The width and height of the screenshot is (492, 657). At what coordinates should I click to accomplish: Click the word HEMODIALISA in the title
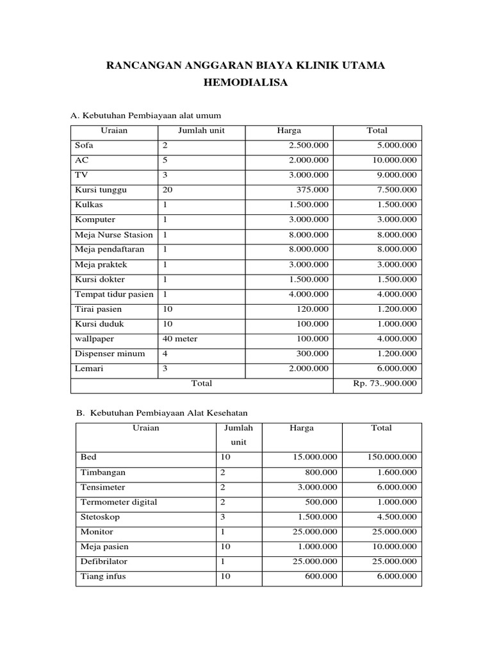[245, 84]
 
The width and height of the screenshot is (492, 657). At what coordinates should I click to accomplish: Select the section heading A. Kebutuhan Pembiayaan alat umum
[145, 115]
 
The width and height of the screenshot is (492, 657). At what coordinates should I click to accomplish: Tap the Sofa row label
[84, 145]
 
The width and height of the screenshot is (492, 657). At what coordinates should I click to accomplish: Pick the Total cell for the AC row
[395, 160]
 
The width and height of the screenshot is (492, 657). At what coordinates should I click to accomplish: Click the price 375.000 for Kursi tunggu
[313, 190]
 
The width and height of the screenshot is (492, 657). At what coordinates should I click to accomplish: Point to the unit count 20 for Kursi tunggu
[168, 190]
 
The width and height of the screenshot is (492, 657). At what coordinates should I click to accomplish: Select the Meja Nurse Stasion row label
[113, 235]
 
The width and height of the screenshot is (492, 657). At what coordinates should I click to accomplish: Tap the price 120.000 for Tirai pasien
[313, 309]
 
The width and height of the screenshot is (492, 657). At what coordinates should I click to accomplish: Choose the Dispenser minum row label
[110, 354]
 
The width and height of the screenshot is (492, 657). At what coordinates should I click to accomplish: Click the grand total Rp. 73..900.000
[384, 384]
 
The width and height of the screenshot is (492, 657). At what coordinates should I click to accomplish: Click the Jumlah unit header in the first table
[201, 130]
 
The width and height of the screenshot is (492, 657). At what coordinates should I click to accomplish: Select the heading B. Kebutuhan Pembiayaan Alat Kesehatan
[161, 414]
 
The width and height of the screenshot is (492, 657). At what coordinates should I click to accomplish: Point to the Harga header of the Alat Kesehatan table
[301, 428]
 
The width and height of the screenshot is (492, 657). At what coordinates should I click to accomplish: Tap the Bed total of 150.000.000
[391, 457]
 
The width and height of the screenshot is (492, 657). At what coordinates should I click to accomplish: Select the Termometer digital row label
[119, 502]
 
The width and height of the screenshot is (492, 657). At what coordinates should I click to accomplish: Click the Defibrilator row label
[104, 561]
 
